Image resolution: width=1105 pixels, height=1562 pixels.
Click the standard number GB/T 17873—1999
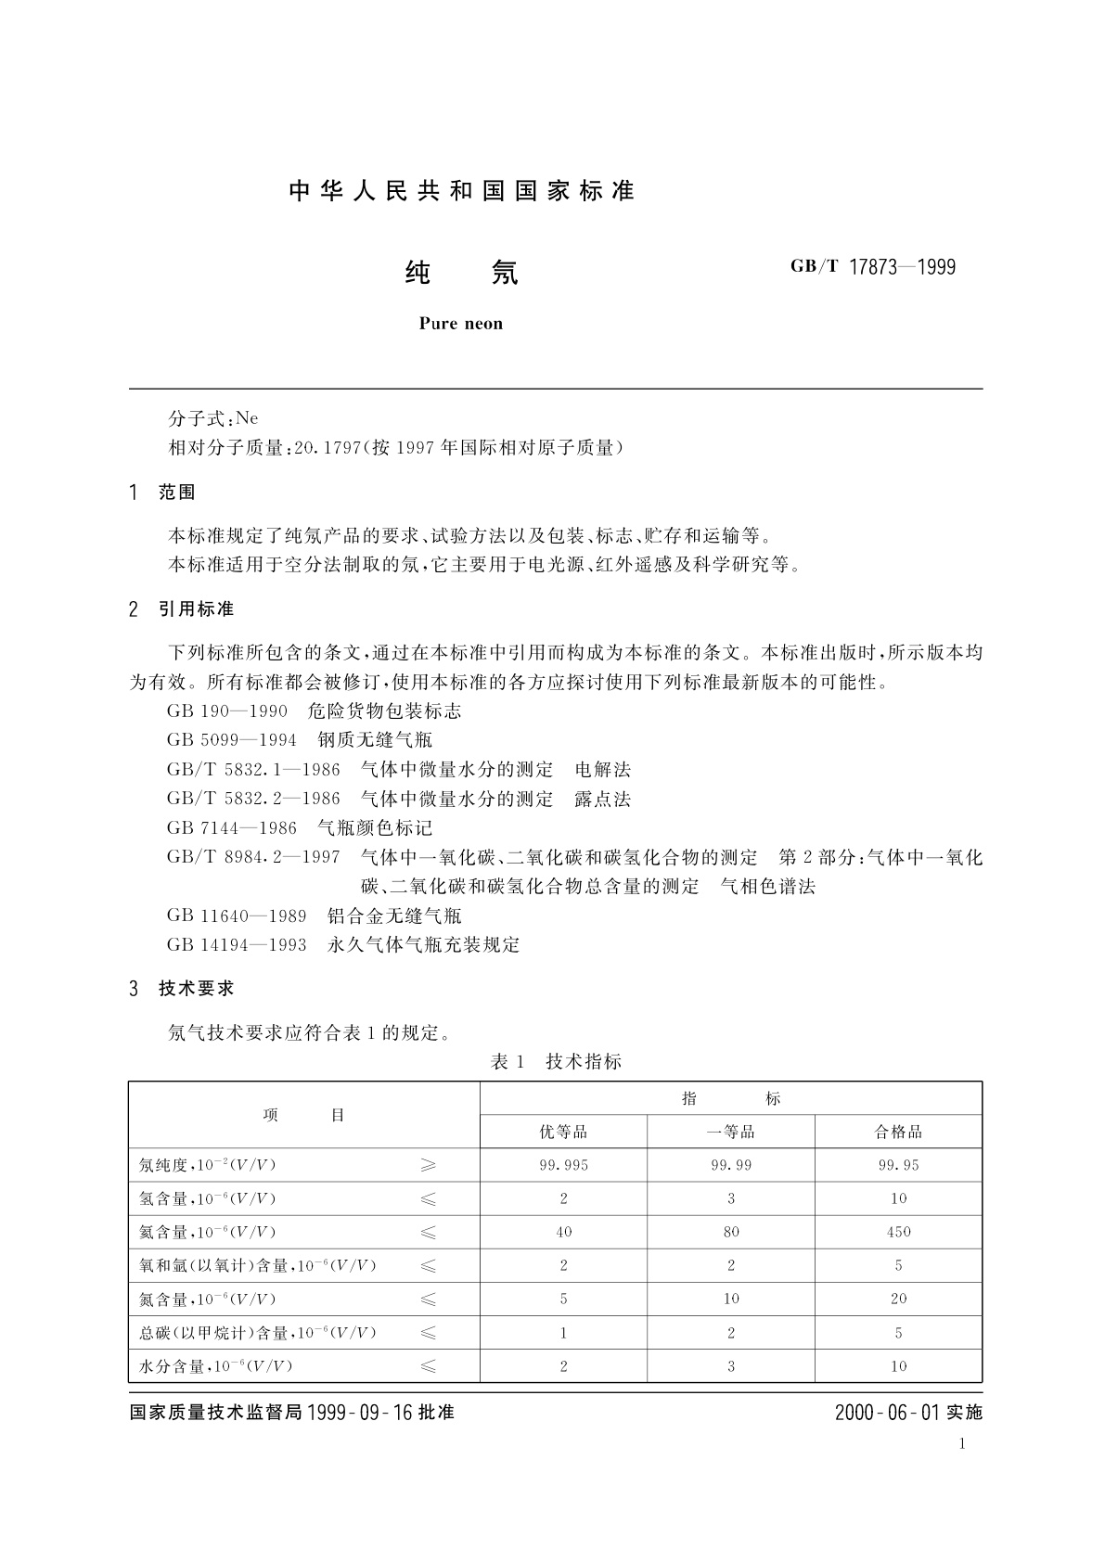pyautogui.click(x=872, y=267)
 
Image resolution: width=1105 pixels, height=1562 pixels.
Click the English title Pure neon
pyautogui.click(x=460, y=324)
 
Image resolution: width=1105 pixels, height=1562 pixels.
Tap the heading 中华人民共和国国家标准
pyautogui.click(x=461, y=191)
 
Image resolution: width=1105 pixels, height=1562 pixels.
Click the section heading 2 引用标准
pyautogui.click(x=182, y=609)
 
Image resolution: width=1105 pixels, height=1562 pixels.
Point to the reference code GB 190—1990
pyautogui.click(x=227, y=711)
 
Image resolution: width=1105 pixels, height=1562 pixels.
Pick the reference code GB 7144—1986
pyautogui.click(x=232, y=827)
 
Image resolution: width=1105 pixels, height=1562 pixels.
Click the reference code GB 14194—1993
pyautogui.click(x=237, y=945)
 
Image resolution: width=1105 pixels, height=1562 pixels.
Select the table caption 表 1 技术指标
pyautogui.click(x=555, y=1062)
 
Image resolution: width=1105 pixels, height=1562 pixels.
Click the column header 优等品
pyautogui.click(x=563, y=1132)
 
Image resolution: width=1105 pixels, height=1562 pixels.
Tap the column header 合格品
pyautogui.click(x=898, y=1132)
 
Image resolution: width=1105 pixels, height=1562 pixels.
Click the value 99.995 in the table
pyautogui.click(x=563, y=1165)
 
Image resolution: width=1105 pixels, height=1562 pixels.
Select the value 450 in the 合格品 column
pyautogui.click(x=898, y=1232)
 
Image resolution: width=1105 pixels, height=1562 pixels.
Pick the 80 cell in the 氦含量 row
pyautogui.click(x=731, y=1232)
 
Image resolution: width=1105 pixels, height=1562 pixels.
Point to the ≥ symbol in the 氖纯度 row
pyautogui.click(x=428, y=1165)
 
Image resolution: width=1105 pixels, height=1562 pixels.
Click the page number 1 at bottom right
pyautogui.click(x=962, y=1443)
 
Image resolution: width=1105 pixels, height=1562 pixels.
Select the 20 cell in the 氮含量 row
pyautogui.click(x=898, y=1299)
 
